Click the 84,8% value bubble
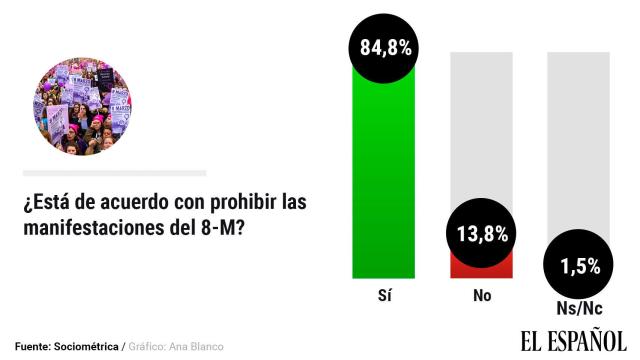[x=383, y=46]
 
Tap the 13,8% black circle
[x=482, y=235]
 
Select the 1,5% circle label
[x=579, y=266]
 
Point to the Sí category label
[x=383, y=297]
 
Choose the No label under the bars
[x=481, y=297]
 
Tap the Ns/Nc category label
[x=578, y=308]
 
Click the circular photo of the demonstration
[x=82, y=104]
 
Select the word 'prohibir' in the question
[x=236, y=203]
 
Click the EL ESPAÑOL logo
[x=572, y=340]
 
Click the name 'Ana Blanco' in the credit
[x=198, y=346]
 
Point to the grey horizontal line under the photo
[x=114, y=173]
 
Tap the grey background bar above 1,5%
[x=578, y=140]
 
